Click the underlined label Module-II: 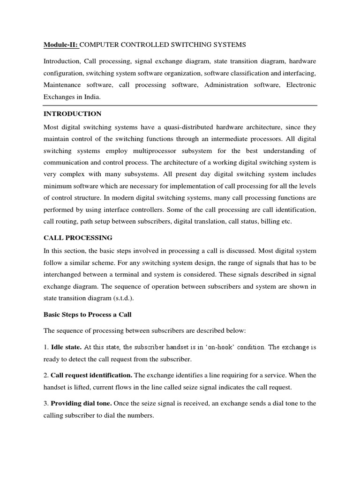(61, 45)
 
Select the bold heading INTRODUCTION (72, 113)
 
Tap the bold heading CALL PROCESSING (78, 238)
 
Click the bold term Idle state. (67, 347)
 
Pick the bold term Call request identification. (91, 375)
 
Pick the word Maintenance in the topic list (62, 85)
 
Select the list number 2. (45, 375)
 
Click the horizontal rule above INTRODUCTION (180, 105)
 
